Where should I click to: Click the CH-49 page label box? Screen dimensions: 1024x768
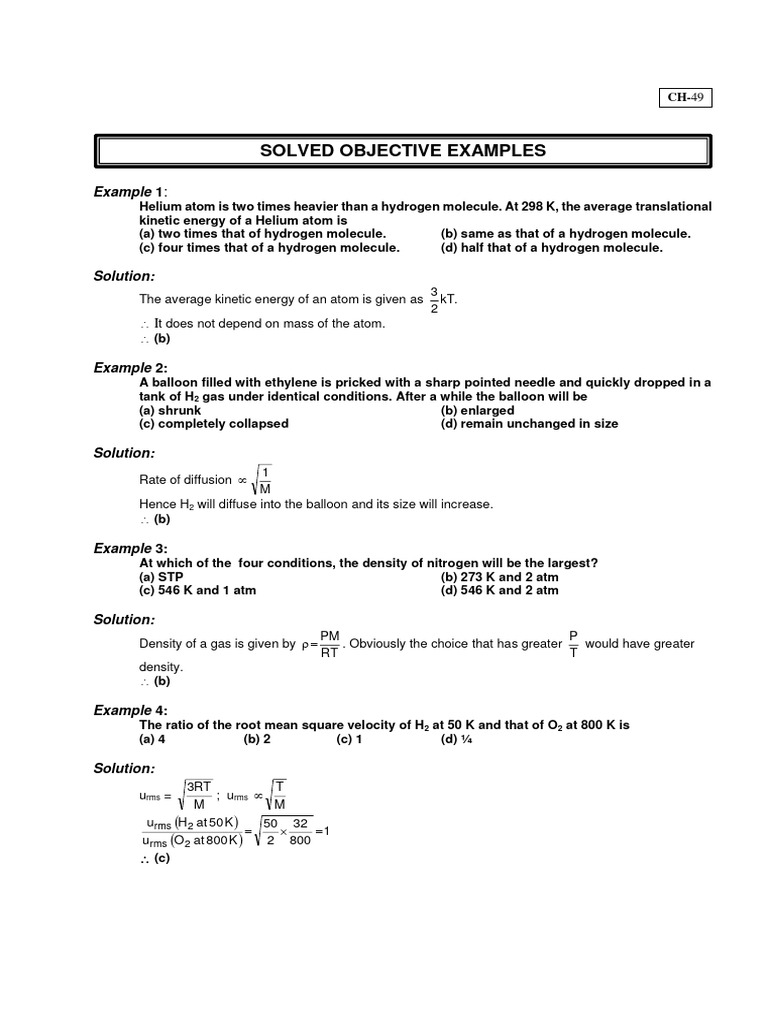685,97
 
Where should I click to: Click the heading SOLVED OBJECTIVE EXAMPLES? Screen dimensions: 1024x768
403,151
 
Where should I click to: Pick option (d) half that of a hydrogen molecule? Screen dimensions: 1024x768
551,247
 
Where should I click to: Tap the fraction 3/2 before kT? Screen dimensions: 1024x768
434,299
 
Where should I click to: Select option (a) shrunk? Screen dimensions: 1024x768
170,410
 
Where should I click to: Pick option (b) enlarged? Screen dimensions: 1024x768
477,410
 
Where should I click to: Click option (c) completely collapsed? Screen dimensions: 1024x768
213,423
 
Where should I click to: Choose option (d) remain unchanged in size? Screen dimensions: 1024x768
529,423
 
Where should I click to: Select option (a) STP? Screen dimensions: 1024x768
161,577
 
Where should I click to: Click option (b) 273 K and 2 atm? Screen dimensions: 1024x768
499,577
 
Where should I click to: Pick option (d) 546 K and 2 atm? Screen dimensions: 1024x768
499,590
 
